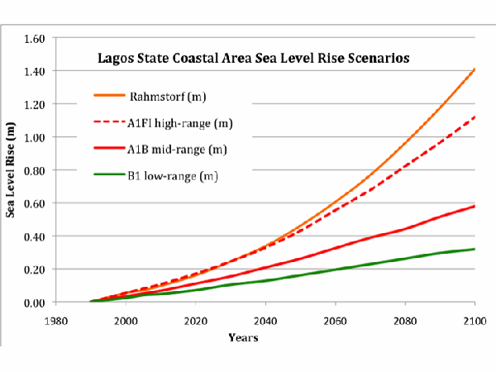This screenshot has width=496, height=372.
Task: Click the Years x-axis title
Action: [x=265, y=337]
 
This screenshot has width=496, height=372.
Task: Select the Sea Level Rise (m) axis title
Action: [x=12, y=170]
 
